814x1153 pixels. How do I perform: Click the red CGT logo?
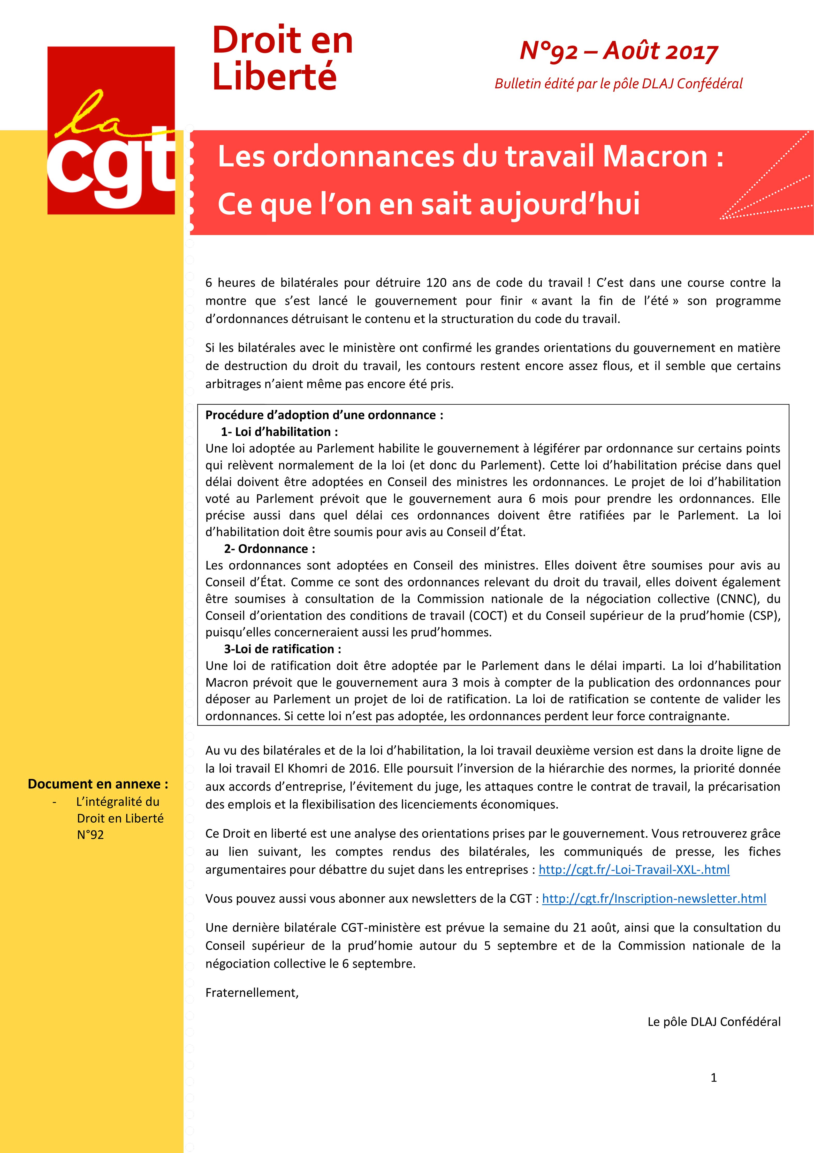(111, 131)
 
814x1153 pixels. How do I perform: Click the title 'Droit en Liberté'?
(283, 58)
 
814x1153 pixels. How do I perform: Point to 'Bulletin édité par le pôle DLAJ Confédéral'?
(618, 84)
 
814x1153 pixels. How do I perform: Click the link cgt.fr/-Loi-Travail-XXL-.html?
(634, 869)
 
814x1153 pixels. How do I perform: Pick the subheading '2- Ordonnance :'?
(270, 549)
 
